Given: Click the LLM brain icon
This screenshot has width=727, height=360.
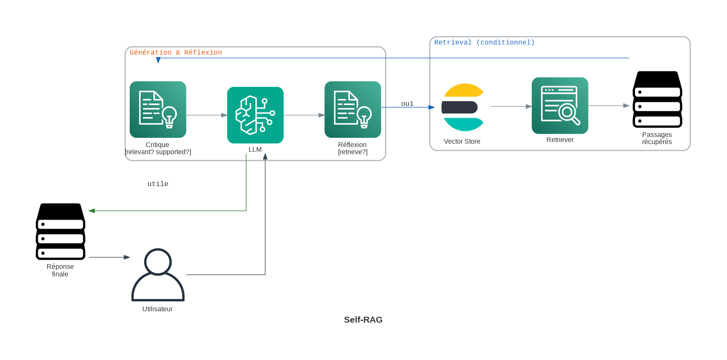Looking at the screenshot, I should [x=255, y=115].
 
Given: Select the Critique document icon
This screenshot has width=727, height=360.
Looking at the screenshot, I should [x=158, y=109].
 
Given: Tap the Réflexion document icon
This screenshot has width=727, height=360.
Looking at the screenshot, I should [x=353, y=109].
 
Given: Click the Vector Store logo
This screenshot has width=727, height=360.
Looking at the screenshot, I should [x=463, y=107].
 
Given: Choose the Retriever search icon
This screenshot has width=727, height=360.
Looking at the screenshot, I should [x=560, y=105].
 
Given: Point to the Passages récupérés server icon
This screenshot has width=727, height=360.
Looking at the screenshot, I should [x=657, y=100].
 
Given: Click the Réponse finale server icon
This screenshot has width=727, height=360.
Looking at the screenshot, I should [x=60, y=231].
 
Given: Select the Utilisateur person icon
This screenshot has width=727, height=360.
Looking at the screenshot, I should [x=158, y=275].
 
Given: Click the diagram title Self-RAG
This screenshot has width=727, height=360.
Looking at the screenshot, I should [x=363, y=320].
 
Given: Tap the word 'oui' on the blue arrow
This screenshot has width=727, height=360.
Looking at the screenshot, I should [x=407, y=104].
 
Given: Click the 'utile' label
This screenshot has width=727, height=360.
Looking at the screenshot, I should [x=158, y=184].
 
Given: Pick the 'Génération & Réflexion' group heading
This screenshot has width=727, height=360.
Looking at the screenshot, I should [x=176, y=53].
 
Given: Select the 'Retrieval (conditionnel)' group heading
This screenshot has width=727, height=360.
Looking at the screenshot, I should [x=484, y=42].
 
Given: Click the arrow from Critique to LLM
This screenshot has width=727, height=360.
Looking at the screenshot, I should [x=207, y=115].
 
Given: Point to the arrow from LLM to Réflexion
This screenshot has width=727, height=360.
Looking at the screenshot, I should [x=304, y=115].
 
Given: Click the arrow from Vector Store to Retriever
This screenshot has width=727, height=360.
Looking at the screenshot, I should [x=511, y=107].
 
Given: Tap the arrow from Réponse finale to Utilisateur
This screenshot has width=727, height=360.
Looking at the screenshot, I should [x=109, y=257].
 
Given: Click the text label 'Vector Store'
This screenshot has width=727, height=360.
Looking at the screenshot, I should [x=462, y=142].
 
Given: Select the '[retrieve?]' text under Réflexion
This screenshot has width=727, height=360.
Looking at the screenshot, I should [x=353, y=152].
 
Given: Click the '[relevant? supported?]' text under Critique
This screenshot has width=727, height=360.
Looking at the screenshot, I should [x=158, y=152].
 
